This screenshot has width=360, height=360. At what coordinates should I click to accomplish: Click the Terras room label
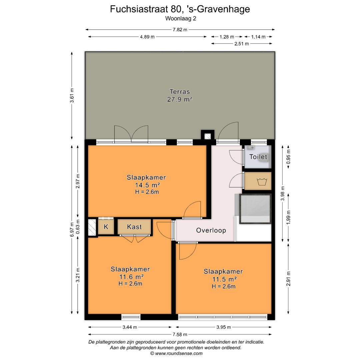click(180, 92)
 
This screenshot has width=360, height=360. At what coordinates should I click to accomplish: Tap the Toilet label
click(258, 157)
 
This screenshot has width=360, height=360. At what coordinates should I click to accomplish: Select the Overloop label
click(211, 230)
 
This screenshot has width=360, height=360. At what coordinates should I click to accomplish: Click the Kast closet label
click(134, 227)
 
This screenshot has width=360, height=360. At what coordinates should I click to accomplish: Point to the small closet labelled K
click(106, 227)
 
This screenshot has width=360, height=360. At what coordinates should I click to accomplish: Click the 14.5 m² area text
click(147, 185)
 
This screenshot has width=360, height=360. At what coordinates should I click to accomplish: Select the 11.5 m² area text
click(224, 279)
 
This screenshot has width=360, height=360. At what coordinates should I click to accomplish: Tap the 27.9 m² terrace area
click(180, 99)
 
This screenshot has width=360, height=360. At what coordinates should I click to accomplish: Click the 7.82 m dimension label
click(180, 30)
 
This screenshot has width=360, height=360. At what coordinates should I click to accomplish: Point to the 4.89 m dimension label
click(147, 37)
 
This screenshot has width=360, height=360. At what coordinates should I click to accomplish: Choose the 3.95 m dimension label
click(224, 327)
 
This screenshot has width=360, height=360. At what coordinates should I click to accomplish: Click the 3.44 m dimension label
click(130, 327)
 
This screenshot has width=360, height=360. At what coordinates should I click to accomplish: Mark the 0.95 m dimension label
click(288, 157)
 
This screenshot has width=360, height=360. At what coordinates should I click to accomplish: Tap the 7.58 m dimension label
click(180, 334)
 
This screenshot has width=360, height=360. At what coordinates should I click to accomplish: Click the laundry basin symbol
click(262, 181)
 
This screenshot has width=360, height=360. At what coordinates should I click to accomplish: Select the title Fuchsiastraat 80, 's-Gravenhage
click(180, 9)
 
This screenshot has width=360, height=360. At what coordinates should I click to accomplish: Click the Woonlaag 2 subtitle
click(181, 19)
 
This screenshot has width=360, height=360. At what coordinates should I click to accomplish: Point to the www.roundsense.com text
click(179, 353)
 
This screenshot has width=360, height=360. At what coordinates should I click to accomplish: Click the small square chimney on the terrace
click(208, 135)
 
